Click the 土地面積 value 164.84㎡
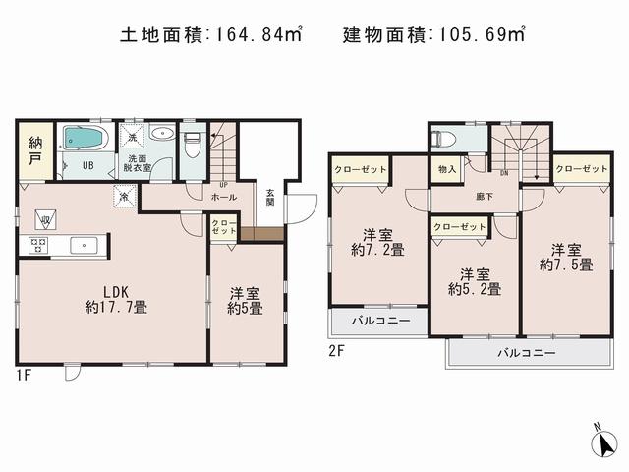tap(257, 35)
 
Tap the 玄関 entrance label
tap(268, 198)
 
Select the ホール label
tap(223, 197)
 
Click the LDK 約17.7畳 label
tap(114, 298)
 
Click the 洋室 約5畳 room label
tap(245, 300)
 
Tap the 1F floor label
tap(24, 375)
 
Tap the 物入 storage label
tap(446, 169)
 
